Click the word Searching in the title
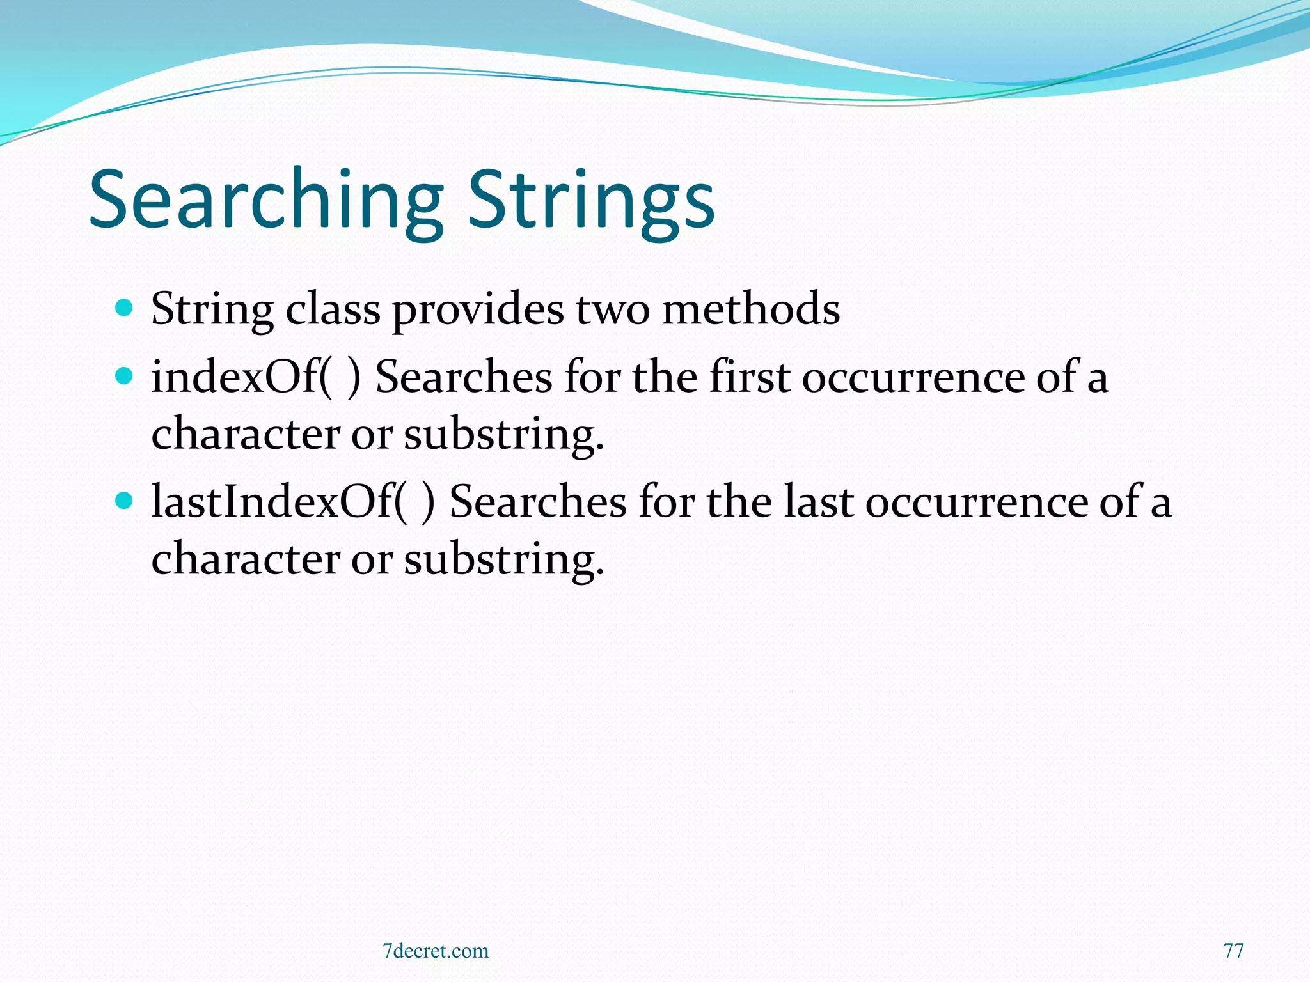(x=265, y=199)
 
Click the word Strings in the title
(x=591, y=199)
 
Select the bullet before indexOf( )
(x=124, y=376)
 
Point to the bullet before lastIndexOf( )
(x=124, y=501)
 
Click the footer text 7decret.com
(x=435, y=951)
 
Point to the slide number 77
(x=1233, y=951)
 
